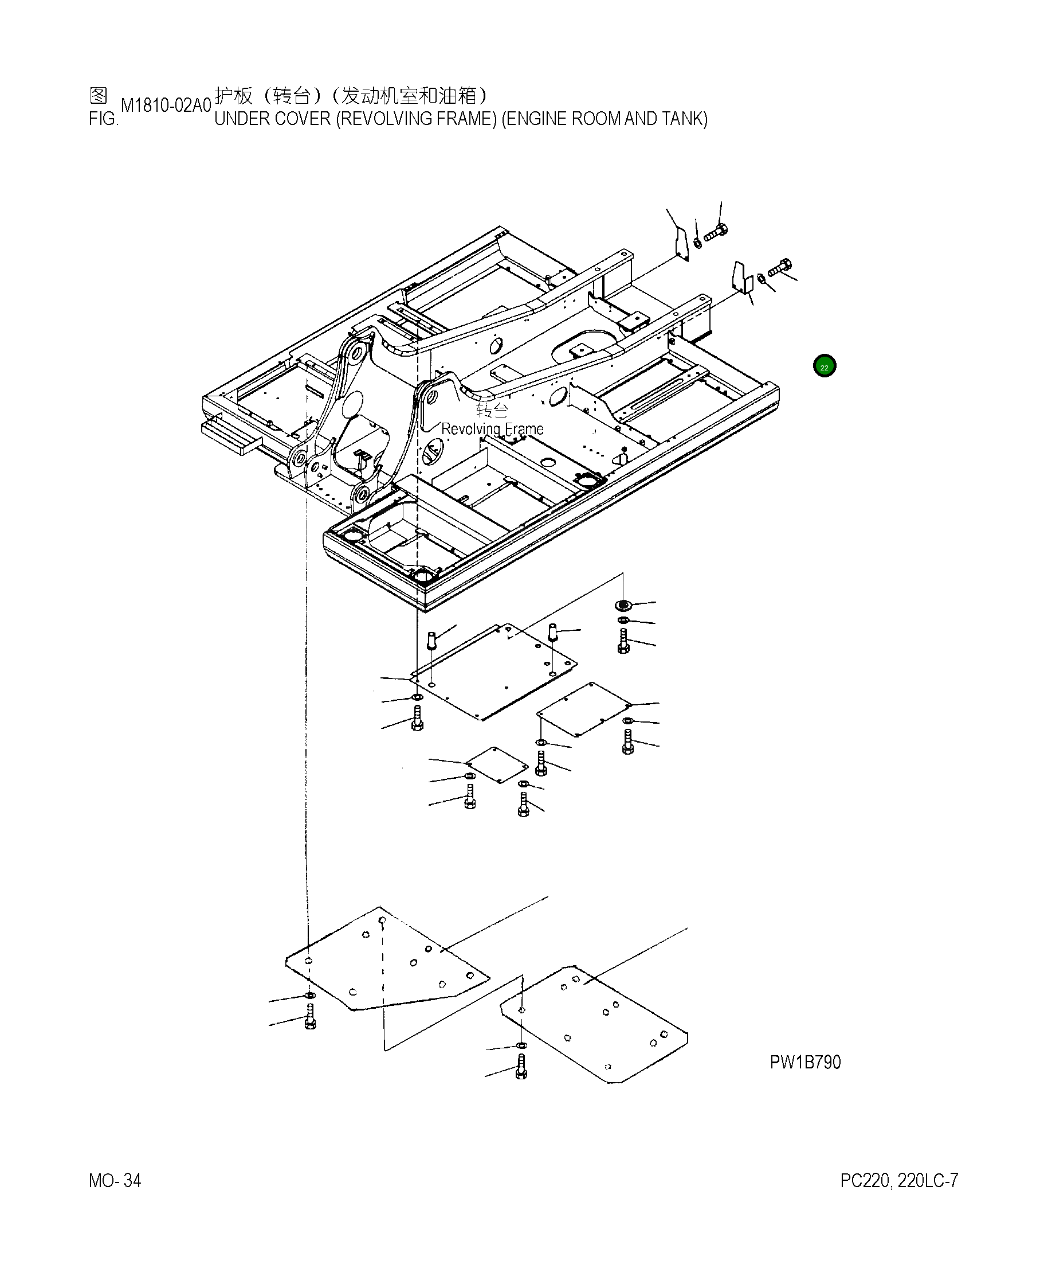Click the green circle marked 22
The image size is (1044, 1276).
(824, 366)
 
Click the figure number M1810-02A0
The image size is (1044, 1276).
(166, 106)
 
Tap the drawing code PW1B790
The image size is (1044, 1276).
(804, 1062)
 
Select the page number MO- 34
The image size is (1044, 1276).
(115, 1180)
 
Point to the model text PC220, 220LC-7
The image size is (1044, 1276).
(898, 1180)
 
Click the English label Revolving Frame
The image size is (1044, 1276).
(492, 429)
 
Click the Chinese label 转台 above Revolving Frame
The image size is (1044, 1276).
(492, 411)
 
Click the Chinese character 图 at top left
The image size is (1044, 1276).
(98, 95)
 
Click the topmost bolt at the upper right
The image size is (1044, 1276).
(716, 233)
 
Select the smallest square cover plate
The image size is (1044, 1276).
(497, 765)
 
